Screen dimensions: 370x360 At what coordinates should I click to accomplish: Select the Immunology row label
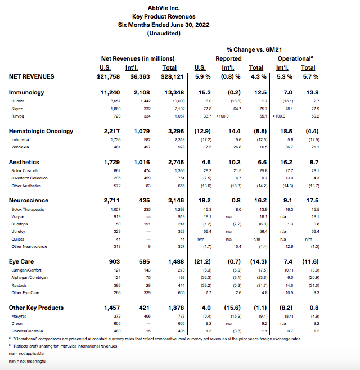[26, 92]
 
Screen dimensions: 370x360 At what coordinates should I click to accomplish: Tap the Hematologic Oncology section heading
[41, 132]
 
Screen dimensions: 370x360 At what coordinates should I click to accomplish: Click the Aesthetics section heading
[24, 162]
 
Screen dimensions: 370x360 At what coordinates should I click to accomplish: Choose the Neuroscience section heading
[29, 201]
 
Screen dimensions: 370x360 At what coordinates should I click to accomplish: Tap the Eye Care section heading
[23, 262]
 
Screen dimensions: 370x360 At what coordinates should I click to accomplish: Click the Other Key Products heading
[37, 308]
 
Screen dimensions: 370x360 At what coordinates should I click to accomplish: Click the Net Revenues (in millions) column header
[137, 58]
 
